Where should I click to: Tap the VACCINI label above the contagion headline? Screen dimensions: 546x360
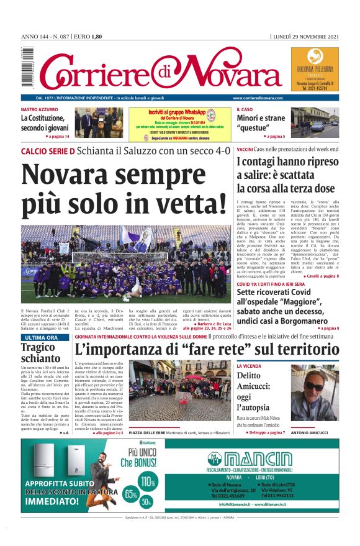pyautogui.click(x=245, y=150)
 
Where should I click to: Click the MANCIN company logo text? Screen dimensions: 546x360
pyautogui.click(x=258, y=459)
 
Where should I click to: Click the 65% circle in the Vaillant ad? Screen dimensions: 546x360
pyautogui.click(x=131, y=494)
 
